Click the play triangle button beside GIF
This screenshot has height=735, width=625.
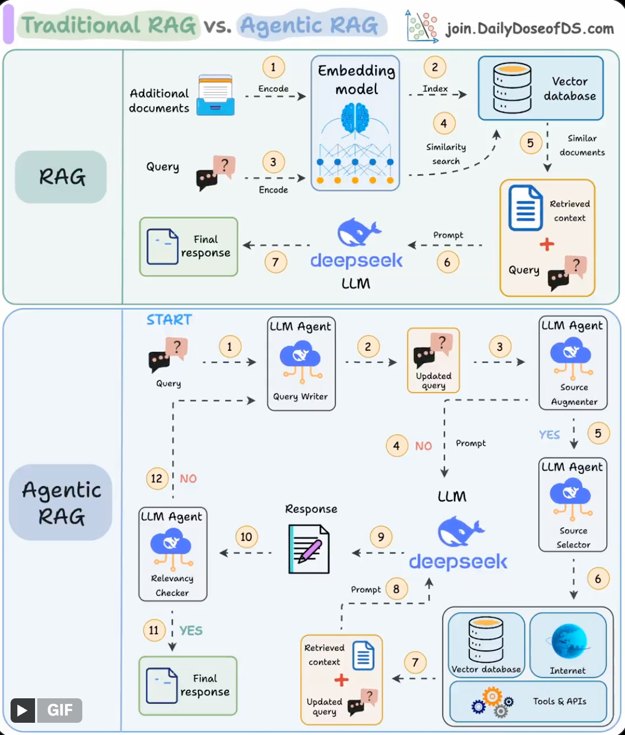tap(22, 710)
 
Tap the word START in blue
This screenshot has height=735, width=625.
tap(169, 320)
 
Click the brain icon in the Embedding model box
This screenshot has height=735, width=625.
tap(355, 118)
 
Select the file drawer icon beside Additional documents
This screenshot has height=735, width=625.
tap(215, 95)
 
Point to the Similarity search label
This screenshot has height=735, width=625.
tap(446, 154)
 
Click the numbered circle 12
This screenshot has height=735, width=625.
tap(157, 479)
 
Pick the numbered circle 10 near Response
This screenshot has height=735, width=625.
tap(246, 537)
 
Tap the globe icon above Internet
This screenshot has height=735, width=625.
tap(568, 641)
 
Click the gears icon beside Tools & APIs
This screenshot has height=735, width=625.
tap(493, 702)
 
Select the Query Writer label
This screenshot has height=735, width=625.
tap(300, 396)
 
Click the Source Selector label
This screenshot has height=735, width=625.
tap(573, 538)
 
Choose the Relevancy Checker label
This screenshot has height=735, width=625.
tap(172, 585)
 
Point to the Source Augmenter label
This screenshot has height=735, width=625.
tap(574, 394)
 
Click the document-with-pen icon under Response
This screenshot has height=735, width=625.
tap(309, 550)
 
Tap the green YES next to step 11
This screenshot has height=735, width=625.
tap(191, 630)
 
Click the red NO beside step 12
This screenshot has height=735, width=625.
tap(188, 479)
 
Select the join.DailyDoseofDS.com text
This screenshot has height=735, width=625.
tap(529, 28)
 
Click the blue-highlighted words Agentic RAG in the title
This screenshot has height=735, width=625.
tap(309, 26)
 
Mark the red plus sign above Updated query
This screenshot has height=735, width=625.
tap(341, 680)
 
